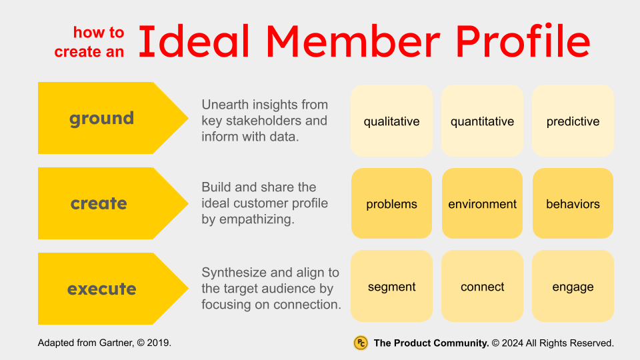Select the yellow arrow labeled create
click(100, 203)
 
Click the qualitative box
click(391, 121)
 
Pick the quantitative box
click(482, 121)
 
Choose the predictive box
click(573, 121)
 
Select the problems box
click(391, 203)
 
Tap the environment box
click(482, 203)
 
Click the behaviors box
click(573, 203)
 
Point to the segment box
click(391, 287)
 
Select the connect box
click(482, 287)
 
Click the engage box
click(573, 287)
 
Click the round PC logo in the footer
click(361, 343)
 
